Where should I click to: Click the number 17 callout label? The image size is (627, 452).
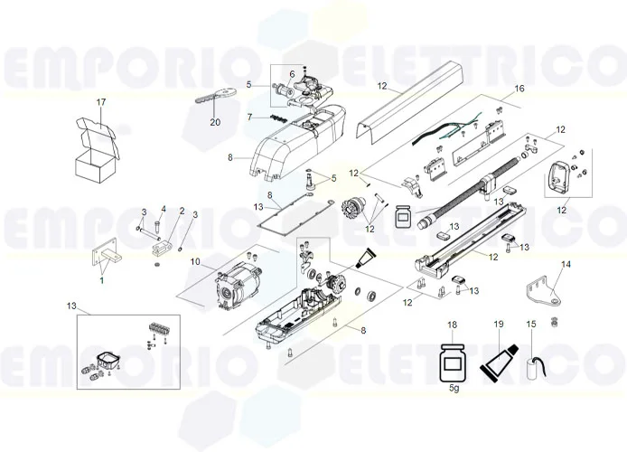[x=101, y=102]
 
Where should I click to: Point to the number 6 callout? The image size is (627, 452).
[x=292, y=73]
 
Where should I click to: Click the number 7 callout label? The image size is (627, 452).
[x=249, y=118]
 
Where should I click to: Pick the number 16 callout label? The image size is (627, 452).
[x=519, y=89]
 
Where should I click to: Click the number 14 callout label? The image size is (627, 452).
[x=566, y=264]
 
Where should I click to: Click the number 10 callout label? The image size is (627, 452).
[x=194, y=262]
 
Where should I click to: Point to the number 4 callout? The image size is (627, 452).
[x=163, y=211]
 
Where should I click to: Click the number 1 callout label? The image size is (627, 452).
[x=101, y=279]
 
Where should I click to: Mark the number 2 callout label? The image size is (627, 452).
[x=182, y=211]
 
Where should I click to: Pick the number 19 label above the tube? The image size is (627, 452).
[x=498, y=324]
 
